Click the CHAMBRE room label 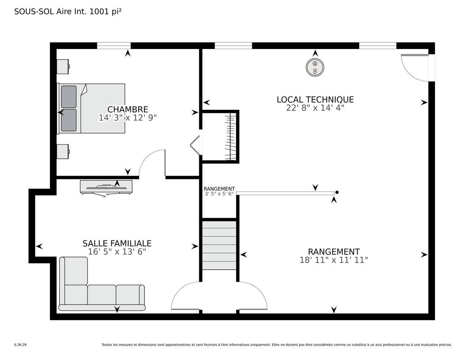pos(127,109)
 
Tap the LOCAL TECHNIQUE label pos(315,100)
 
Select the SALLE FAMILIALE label pos(117,243)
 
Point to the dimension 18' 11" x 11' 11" pos(334,260)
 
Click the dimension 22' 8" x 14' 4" pos(315,108)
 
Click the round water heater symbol pos(315,67)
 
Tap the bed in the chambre pos(91,108)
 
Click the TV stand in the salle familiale pos(106,188)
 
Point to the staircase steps pos(219,245)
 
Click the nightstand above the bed pos(63,67)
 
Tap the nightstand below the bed pos(63,152)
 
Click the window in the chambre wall pos(114,46)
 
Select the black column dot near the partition pos(337,193)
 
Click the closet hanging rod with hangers pos(230,137)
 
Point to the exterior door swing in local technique pos(415,68)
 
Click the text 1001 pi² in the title pos(105,12)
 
